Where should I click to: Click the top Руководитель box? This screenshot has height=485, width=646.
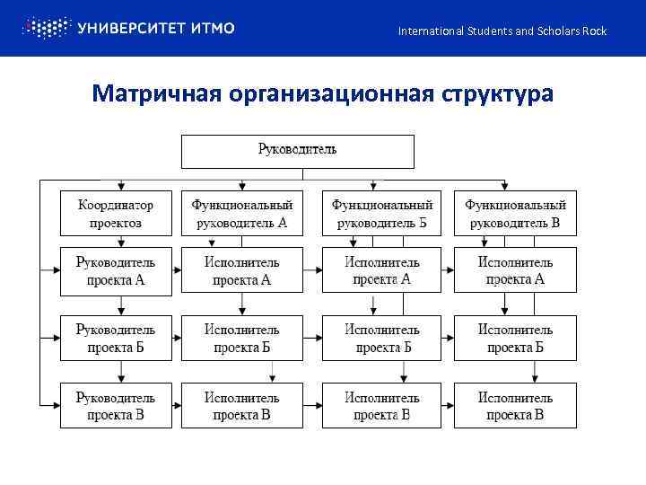tap(297, 151)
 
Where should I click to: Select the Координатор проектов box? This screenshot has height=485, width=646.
tap(116, 214)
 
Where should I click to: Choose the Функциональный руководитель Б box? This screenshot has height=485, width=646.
tap(382, 214)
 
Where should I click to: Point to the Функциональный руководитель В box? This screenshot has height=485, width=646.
tap(515, 214)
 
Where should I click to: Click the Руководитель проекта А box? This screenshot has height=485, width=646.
tap(116, 270)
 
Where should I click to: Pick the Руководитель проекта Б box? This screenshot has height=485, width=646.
tap(116, 338)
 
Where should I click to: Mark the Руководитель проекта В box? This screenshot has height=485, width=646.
tap(116, 405)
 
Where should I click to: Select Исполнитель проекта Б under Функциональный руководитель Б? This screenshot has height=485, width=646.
tap(382, 338)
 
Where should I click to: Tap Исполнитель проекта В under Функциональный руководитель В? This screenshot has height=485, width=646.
tap(515, 405)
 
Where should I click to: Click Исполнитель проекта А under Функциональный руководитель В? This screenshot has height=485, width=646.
tap(515, 270)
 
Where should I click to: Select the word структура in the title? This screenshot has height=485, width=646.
tap(496, 94)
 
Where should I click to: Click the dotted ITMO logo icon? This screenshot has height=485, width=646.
tap(45, 28)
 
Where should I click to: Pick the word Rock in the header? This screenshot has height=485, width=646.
tap(593, 31)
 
